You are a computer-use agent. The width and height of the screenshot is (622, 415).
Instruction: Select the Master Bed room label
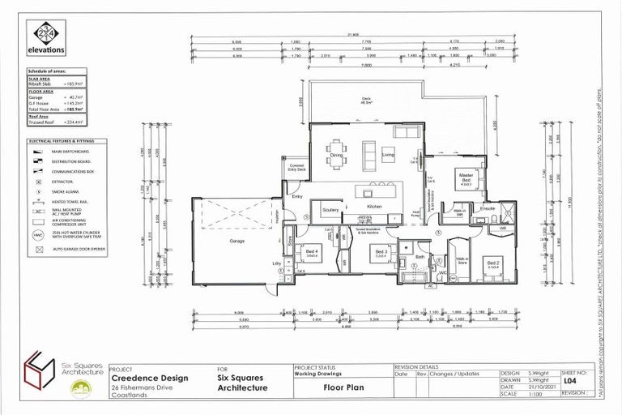point(465,176)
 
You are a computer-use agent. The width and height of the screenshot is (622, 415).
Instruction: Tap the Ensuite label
point(487,209)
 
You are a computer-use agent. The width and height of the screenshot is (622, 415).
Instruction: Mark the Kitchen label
point(374,207)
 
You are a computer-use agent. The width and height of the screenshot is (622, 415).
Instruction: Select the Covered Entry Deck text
point(297,169)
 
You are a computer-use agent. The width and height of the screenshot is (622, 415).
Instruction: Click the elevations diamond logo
point(45,36)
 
